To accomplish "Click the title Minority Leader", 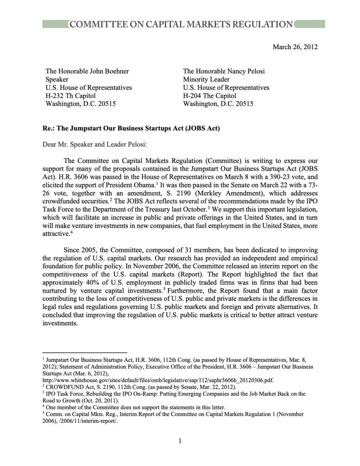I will [206, 79].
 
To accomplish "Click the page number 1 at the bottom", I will [180, 441].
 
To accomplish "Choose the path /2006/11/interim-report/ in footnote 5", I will [93, 422].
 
